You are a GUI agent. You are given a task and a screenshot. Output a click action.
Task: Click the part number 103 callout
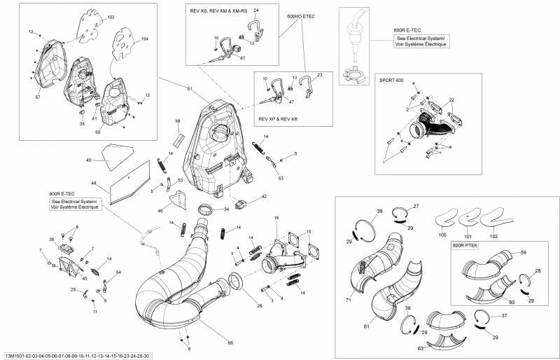(111, 16)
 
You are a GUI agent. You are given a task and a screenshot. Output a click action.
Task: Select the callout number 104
(144, 39)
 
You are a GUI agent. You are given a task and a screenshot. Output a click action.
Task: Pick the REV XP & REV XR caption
(279, 118)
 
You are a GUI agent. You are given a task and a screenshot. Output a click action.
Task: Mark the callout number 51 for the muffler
(189, 88)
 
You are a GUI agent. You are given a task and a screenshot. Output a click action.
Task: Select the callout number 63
(420, 347)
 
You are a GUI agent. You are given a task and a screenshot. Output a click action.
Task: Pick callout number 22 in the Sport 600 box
(451, 101)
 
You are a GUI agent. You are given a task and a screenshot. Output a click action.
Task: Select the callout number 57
(38, 97)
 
